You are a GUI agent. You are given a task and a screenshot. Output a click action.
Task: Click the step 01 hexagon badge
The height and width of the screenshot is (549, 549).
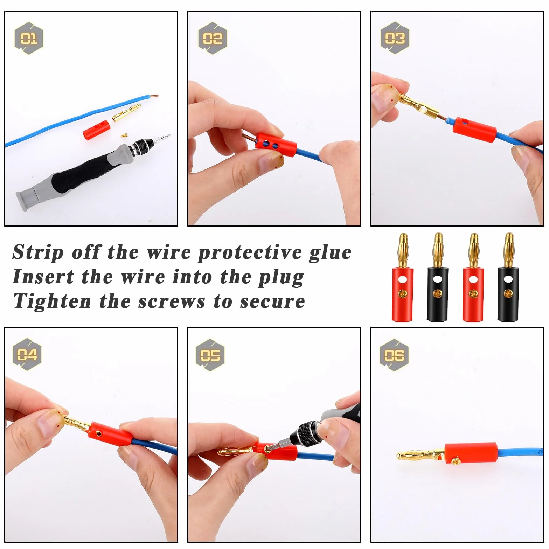pos(29,38)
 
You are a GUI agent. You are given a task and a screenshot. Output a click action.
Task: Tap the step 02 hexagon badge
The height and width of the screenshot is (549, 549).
pos(212,38)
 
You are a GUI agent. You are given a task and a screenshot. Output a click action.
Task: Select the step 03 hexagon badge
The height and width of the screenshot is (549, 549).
pos(395,38)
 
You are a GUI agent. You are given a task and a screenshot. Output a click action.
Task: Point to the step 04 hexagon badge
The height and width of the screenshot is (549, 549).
pos(27,354)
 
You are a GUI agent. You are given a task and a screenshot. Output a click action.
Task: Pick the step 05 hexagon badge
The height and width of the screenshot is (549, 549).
pos(210,355)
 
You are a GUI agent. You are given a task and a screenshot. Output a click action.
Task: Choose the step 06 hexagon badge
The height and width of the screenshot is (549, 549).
pos(394,355)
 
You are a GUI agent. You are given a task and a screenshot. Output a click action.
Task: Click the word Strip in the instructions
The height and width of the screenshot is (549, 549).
pos(38,253)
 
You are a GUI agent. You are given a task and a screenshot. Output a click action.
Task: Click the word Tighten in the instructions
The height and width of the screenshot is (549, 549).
pos(52,301)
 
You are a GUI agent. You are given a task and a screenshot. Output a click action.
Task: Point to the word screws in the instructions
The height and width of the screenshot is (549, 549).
pos(172,302)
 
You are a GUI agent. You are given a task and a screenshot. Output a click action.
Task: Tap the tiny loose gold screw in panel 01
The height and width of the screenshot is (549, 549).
pos(124,133)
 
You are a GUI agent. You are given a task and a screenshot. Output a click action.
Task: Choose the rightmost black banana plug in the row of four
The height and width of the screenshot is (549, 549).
pos(508,277)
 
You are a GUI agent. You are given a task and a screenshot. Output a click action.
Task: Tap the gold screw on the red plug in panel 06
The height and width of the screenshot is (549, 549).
pos(456,461)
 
